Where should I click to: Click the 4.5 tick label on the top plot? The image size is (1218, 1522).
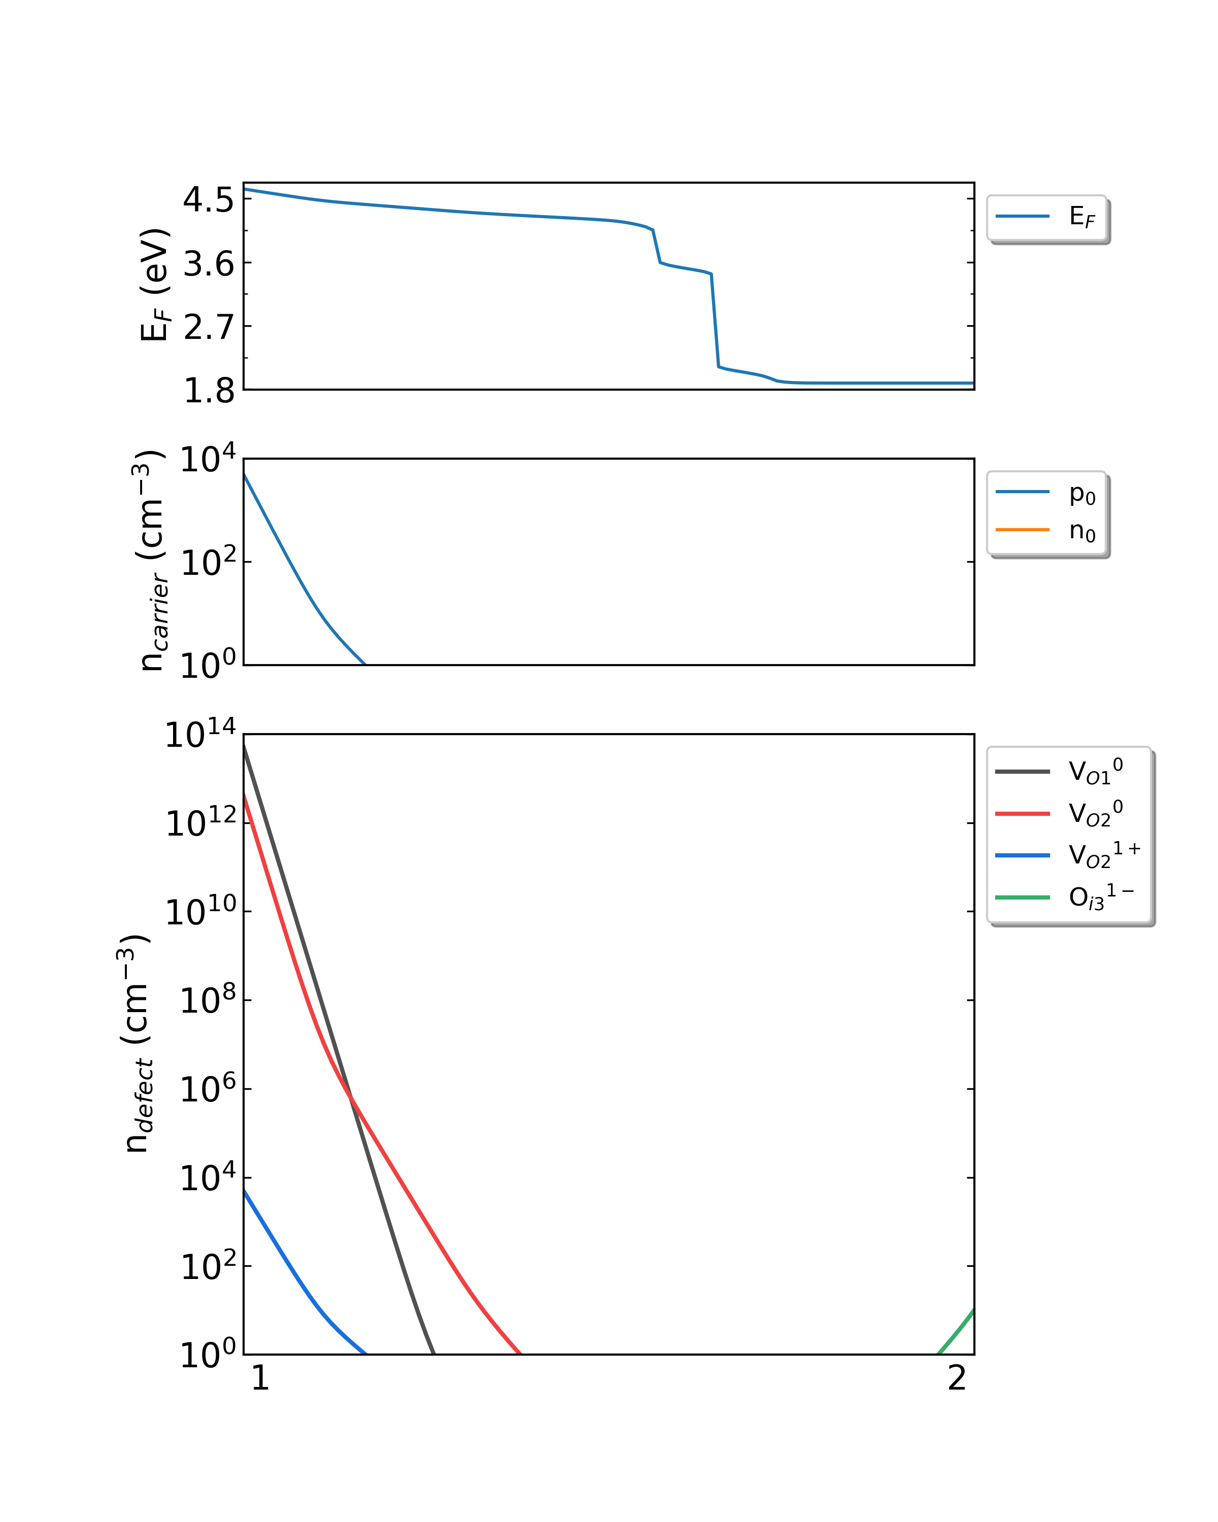(208, 200)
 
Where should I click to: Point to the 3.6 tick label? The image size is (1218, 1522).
(208, 265)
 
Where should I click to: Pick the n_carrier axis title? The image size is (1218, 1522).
(150, 561)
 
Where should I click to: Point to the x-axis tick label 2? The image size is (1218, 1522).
(956, 1379)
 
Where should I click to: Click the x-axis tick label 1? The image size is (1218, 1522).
(260, 1379)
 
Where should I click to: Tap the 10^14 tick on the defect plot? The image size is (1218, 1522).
(200, 736)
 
